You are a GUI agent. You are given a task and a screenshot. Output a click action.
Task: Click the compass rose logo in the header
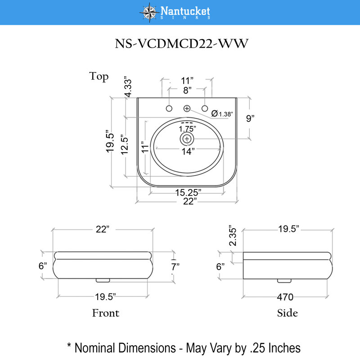click(149, 13)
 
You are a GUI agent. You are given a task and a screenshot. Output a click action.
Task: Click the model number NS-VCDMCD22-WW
click(182, 43)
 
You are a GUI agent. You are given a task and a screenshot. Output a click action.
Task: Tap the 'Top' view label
click(99, 76)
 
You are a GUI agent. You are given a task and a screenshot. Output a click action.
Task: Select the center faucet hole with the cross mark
click(187, 108)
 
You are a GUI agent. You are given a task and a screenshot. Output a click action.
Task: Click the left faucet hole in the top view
click(169, 108)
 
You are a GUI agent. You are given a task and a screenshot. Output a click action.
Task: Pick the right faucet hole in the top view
click(205, 108)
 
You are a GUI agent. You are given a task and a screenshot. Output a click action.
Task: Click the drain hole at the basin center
click(187, 139)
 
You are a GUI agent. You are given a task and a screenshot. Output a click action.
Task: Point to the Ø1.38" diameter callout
click(222, 113)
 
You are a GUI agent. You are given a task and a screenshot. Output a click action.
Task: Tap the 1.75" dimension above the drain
click(187, 129)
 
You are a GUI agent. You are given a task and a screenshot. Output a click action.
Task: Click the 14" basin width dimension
click(188, 152)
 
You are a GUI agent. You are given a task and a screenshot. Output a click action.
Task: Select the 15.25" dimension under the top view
click(188, 193)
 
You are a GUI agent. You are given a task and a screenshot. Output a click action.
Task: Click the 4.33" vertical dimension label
click(128, 87)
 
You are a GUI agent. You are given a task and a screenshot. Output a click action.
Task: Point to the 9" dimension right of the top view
click(250, 118)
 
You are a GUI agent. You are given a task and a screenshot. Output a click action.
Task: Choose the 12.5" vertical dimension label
click(125, 144)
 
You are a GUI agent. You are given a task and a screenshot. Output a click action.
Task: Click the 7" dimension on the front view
click(175, 267)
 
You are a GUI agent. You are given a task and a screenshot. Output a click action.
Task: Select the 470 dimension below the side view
click(285, 297)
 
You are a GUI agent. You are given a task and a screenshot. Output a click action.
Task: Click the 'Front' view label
click(106, 313)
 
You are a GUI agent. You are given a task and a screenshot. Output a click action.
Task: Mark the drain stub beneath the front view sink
click(103, 280)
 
